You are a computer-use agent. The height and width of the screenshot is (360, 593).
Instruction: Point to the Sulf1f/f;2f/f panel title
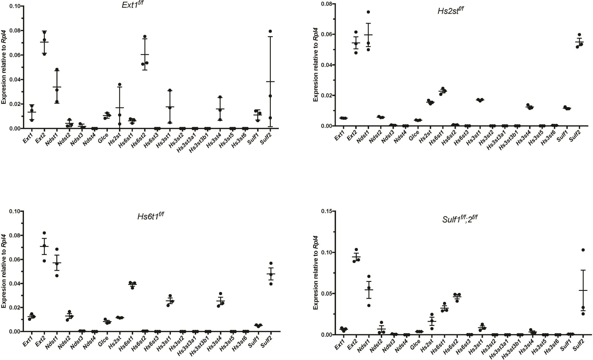(459, 219)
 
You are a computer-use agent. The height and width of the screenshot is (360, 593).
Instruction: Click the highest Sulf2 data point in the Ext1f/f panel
(270, 31)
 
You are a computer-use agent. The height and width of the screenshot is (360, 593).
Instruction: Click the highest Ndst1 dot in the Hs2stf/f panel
(368, 12)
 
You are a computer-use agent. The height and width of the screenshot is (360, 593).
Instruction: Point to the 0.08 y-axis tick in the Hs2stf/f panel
(326, 4)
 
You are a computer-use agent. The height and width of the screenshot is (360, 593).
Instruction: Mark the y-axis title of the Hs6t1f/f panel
(4, 271)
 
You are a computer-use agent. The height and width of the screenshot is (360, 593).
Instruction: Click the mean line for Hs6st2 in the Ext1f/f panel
(145, 54)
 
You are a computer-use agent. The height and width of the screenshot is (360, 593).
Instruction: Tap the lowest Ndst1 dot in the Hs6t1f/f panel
(57, 275)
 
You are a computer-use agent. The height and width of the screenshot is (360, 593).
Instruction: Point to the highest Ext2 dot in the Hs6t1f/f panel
(44, 233)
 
